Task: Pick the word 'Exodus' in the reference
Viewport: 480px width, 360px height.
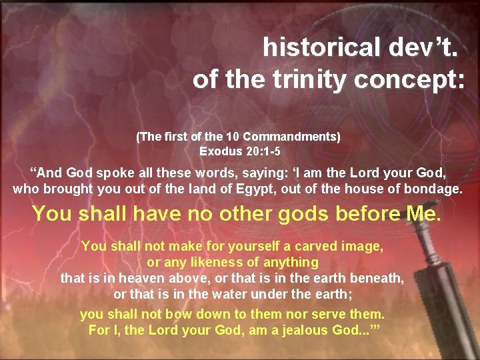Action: pos(220,151)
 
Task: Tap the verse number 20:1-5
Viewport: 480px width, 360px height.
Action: pos(259,151)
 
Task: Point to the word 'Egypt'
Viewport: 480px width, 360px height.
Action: pos(257,189)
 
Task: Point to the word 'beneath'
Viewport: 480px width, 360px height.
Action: pos(377,278)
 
